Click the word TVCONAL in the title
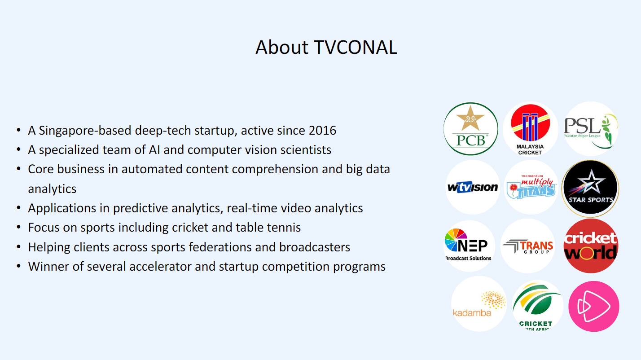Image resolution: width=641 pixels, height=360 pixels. pyautogui.click(x=356, y=47)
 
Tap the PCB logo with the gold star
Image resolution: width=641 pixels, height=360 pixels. pyautogui.click(x=471, y=129)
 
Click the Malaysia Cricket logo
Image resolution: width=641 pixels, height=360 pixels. pyautogui.click(x=530, y=129)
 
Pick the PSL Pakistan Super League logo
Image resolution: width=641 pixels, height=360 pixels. pyautogui.click(x=591, y=129)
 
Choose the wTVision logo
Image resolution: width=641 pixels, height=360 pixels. pyautogui.click(x=473, y=188)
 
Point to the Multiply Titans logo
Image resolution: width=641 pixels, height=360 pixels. pyautogui.click(x=531, y=188)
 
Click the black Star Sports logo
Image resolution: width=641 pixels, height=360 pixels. pyautogui.click(x=590, y=188)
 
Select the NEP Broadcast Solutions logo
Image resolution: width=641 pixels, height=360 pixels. pyautogui.click(x=469, y=246)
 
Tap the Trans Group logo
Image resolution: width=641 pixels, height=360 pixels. pyautogui.click(x=528, y=246)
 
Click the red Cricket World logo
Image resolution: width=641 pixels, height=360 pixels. pyautogui.click(x=591, y=246)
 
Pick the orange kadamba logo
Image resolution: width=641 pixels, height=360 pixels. pyautogui.click(x=479, y=304)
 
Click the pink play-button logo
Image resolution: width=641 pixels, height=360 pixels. pyautogui.click(x=594, y=307)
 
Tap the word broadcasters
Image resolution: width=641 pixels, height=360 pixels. pyautogui.click(x=315, y=247)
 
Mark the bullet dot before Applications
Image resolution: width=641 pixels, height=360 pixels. pyautogui.click(x=18, y=208)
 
